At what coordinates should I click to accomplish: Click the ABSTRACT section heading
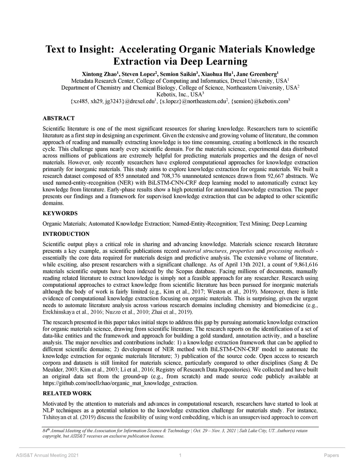(58, 118)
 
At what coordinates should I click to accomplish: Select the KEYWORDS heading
(60, 213)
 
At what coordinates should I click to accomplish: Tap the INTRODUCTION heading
(66, 234)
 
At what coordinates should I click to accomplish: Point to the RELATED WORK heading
(67, 393)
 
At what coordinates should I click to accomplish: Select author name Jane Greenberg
(256, 74)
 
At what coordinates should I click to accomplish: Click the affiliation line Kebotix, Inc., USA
(179, 94)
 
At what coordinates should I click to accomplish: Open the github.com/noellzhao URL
(120, 383)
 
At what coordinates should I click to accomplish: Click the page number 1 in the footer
(180, 455)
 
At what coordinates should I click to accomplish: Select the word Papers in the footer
(331, 455)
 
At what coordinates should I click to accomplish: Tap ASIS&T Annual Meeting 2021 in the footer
(47, 455)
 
